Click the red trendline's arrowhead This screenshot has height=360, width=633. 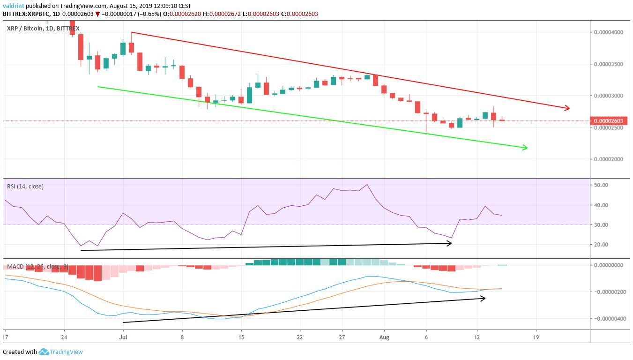point(567,108)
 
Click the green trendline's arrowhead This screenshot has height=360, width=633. point(525,148)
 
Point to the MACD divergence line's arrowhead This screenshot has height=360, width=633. point(483,298)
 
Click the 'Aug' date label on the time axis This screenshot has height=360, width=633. point(384,337)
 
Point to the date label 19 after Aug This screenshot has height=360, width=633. point(536,337)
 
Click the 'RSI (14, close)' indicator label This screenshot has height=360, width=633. point(25,187)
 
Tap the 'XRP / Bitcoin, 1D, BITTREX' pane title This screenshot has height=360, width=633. point(43,29)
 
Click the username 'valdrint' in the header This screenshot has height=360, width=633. point(14,6)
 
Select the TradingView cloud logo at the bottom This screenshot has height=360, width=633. point(44,352)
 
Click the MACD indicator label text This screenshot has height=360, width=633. point(37,267)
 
